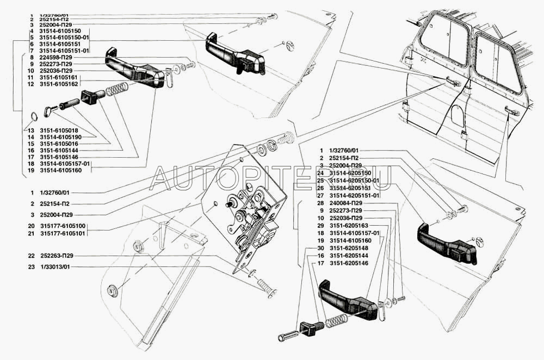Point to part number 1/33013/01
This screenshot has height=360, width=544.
click(55, 267)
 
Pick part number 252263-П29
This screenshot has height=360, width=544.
click(57, 256)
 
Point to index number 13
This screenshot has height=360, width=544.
click(31, 131)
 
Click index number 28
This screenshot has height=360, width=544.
click(322, 203)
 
